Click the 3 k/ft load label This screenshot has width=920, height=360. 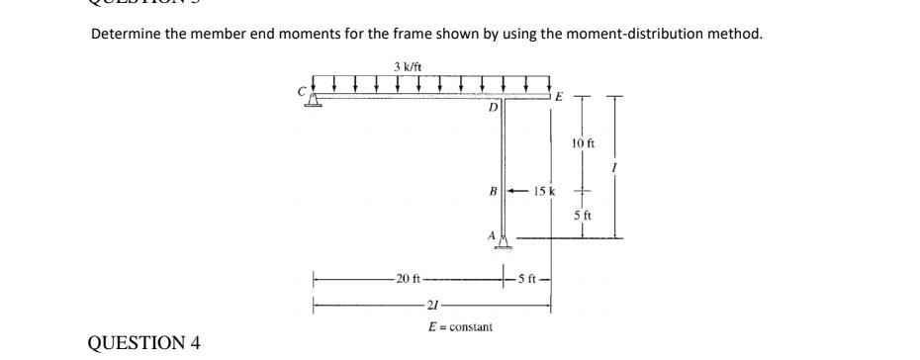(404, 66)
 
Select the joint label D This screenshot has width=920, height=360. (492, 107)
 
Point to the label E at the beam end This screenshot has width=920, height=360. (559, 96)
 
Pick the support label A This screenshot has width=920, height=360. (491, 233)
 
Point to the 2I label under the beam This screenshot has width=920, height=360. (428, 305)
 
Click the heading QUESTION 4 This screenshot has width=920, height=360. (144, 343)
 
